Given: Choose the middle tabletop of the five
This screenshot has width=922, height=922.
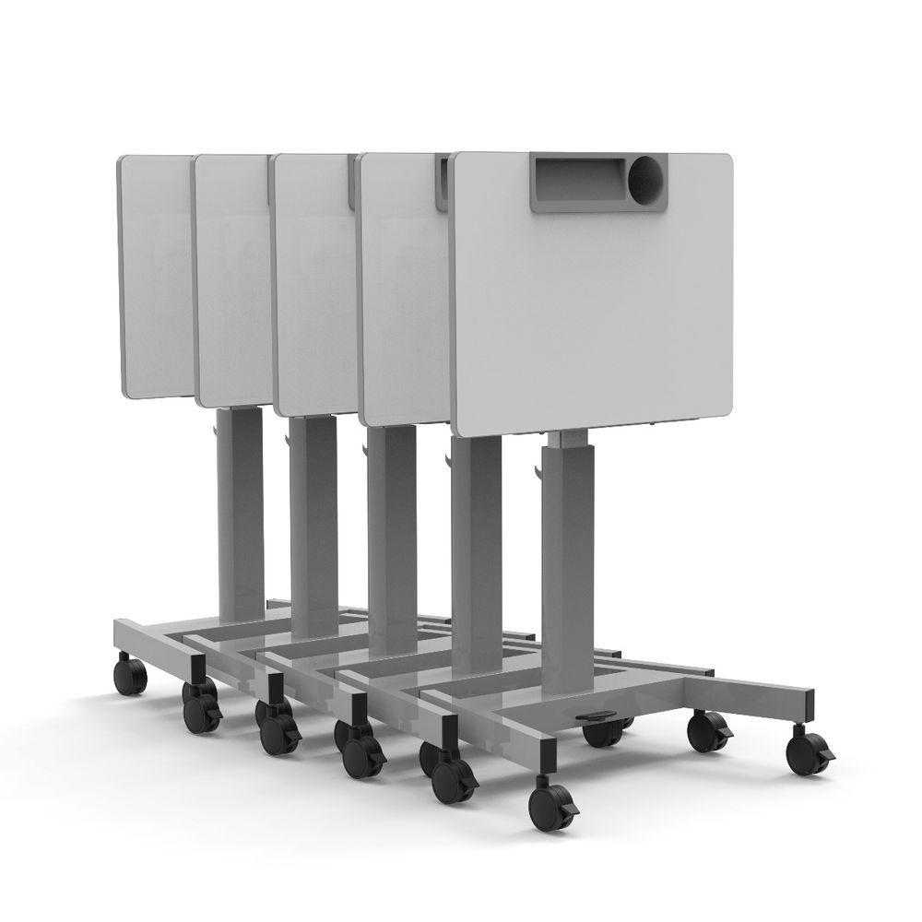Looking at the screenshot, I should (313, 286).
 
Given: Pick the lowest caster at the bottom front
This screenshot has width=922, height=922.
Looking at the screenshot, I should (550, 809).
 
